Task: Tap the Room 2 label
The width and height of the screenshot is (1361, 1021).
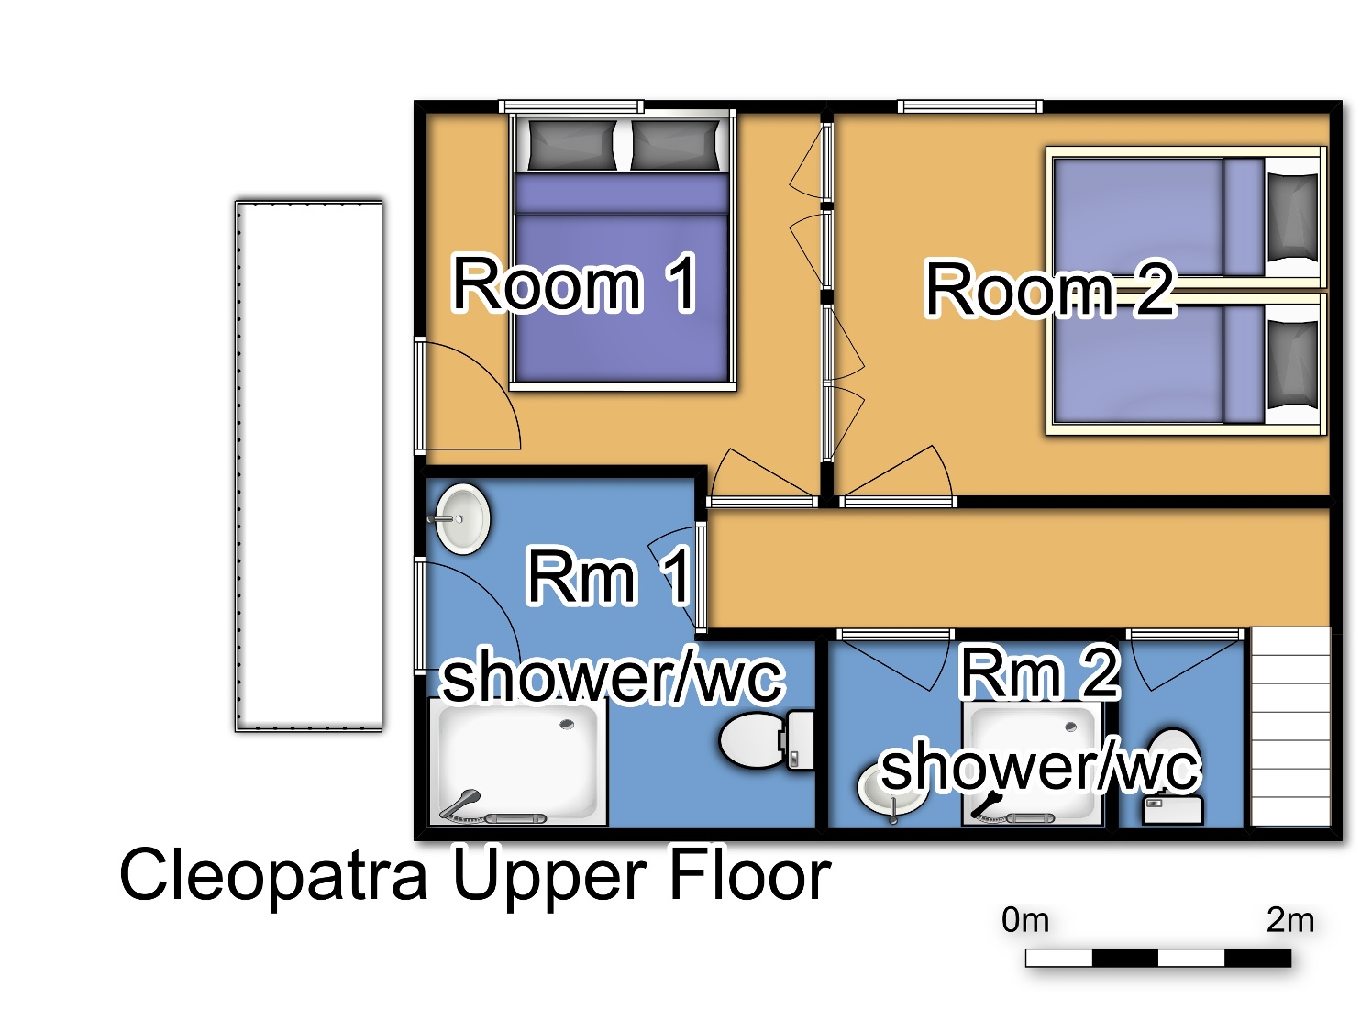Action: click(1049, 289)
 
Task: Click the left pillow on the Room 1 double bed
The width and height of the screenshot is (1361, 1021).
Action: click(571, 144)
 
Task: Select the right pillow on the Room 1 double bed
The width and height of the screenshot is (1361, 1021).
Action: click(675, 144)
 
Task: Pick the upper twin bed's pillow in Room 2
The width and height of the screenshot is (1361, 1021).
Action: click(1293, 217)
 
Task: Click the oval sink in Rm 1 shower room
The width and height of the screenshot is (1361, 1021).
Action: click(461, 519)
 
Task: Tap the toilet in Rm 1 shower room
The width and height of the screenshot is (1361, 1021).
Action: click(767, 740)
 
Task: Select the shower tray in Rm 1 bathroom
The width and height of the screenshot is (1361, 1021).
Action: click(518, 761)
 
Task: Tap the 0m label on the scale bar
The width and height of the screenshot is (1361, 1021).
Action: click(1025, 920)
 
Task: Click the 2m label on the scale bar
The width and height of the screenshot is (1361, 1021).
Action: click(1290, 920)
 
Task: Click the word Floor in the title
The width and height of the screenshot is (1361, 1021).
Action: click(751, 874)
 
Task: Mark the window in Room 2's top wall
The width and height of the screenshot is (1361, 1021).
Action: click(970, 106)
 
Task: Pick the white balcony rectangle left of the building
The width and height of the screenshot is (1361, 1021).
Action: click(309, 466)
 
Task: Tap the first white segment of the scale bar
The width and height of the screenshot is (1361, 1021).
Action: click(1059, 958)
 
